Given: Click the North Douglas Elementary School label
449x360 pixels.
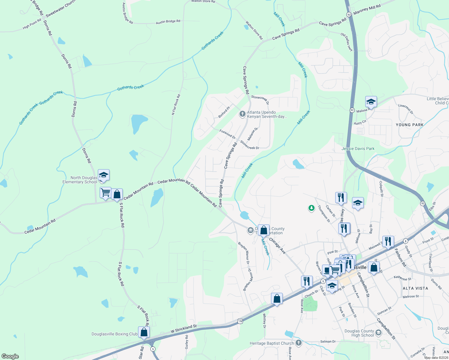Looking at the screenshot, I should (x=80, y=180).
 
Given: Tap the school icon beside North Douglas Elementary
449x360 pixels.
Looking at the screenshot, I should (x=104, y=175).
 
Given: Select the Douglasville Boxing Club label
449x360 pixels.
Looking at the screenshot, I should (x=114, y=334).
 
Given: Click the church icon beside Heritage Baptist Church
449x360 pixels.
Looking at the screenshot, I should (x=298, y=343).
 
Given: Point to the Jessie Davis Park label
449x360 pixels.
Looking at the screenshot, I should (x=358, y=148).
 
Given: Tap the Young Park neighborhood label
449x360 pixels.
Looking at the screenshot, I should (x=409, y=125).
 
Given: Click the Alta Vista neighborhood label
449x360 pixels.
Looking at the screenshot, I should (x=415, y=288).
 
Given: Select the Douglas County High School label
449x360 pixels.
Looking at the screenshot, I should (x=359, y=333).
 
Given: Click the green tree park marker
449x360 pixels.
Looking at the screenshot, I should (x=312, y=208).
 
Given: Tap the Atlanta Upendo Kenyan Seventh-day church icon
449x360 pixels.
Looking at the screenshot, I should (x=243, y=114).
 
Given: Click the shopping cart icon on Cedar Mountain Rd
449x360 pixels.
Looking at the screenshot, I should (x=106, y=193).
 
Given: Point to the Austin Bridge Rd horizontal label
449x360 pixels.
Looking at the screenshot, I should (x=168, y=22).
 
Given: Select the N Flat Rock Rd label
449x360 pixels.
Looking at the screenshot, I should (x=176, y=104).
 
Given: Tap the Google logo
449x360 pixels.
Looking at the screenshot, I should (x=10, y=356).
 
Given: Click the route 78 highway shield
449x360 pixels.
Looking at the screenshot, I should (x=240, y=321).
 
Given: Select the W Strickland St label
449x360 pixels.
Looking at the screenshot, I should (x=183, y=329).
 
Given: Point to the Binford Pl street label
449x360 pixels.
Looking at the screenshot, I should (x=224, y=112).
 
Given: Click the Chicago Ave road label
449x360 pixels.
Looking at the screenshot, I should (x=277, y=246).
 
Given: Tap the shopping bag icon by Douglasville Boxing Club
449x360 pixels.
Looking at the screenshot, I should (x=144, y=332).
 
